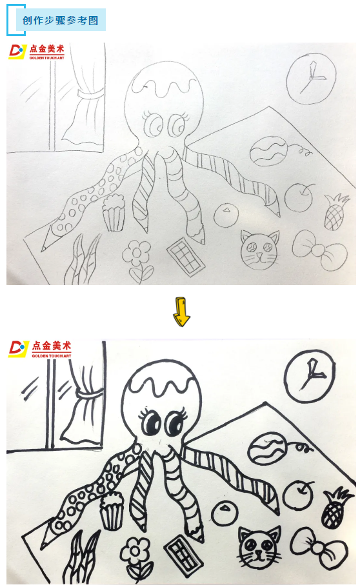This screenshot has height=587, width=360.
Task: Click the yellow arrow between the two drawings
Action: pyautogui.click(x=181, y=312)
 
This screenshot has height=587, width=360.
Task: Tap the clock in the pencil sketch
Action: pyautogui.click(x=311, y=78)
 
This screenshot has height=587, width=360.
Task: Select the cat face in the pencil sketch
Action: pyautogui.click(x=260, y=250)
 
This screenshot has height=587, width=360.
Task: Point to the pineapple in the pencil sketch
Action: pyautogui.click(x=335, y=212)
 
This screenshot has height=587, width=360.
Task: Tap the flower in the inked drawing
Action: pyautogui.click(x=136, y=559)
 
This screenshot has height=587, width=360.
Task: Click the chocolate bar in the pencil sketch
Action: pyautogui.click(x=186, y=254)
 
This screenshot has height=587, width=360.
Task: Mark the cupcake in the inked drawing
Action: pyautogui.click(x=112, y=511)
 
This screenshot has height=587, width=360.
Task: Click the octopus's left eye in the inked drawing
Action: pyautogui.click(x=152, y=421)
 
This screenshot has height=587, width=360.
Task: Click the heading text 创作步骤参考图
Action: pyautogui.click(x=60, y=20)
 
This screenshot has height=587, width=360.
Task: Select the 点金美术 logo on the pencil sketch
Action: pyautogui.click(x=37, y=52)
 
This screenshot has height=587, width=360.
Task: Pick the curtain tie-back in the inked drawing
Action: pyautogui.click(x=90, y=394)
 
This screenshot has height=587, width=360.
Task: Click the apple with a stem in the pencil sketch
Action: pyautogui.click(x=299, y=197)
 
